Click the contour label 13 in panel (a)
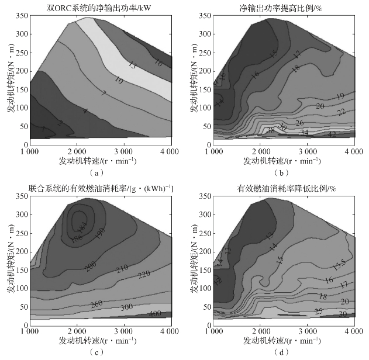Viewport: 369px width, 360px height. click(x=132, y=65)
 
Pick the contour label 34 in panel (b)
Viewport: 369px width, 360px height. click(x=304, y=133)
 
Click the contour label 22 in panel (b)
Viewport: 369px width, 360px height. click(x=342, y=111)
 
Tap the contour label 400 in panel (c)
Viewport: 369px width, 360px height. click(x=156, y=314)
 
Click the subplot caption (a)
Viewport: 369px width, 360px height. click(x=97, y=173)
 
